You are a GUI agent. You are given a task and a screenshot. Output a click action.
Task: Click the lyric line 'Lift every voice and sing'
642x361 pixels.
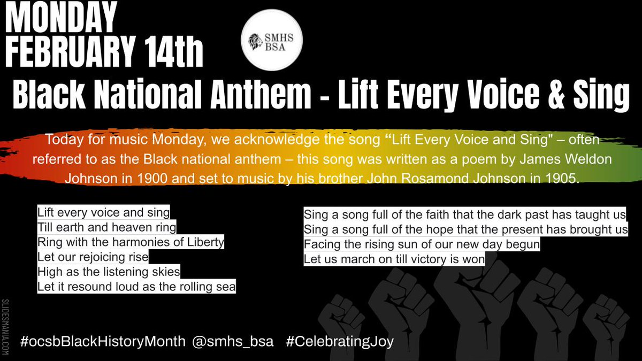(103, 213)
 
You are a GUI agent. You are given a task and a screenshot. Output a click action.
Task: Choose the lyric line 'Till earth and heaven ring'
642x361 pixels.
(106, 227)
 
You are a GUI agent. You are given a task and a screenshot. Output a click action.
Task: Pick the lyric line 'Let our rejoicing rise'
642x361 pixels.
(93, 257)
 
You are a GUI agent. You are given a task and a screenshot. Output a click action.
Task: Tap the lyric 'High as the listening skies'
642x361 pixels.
(109, 272)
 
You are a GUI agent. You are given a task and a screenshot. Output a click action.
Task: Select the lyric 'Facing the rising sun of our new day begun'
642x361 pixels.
(422, 245)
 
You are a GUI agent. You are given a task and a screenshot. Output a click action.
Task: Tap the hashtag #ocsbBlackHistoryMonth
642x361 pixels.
(103, 341)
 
